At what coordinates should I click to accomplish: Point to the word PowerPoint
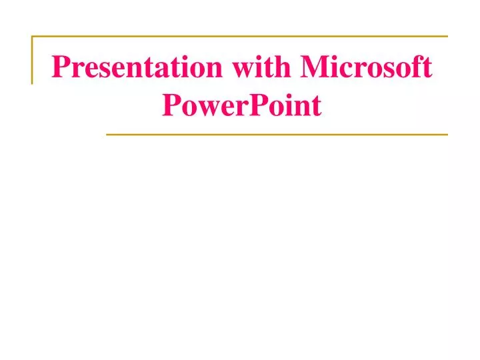pyautogui.click(x=242, y=105)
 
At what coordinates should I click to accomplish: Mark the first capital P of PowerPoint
pyautogui.click(x=171, y=105)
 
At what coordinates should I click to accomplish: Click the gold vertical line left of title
pyautogui.click(x=31, y=60)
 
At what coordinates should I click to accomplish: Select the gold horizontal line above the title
pyautogui.click(x=240, y=36)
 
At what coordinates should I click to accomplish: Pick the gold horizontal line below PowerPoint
pyautogui.click(x=277, y=135)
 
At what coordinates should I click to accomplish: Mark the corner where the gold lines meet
pyautogui.click(x=32, y=36)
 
